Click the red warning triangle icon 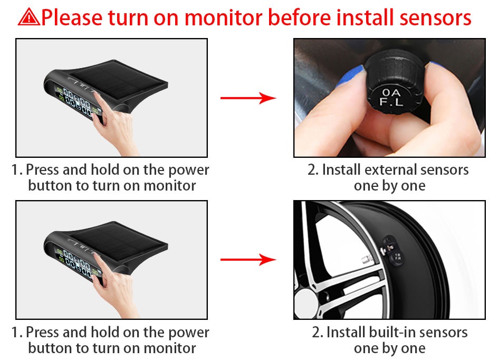coord(29,17)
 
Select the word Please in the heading coord(72,17)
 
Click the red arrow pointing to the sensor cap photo coord(248,98)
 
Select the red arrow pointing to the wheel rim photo coord(248,259)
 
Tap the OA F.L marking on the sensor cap coord(391,97)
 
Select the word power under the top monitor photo coord(189,170)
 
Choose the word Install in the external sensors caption coord(341,170)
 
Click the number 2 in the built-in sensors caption coord(316,332)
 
